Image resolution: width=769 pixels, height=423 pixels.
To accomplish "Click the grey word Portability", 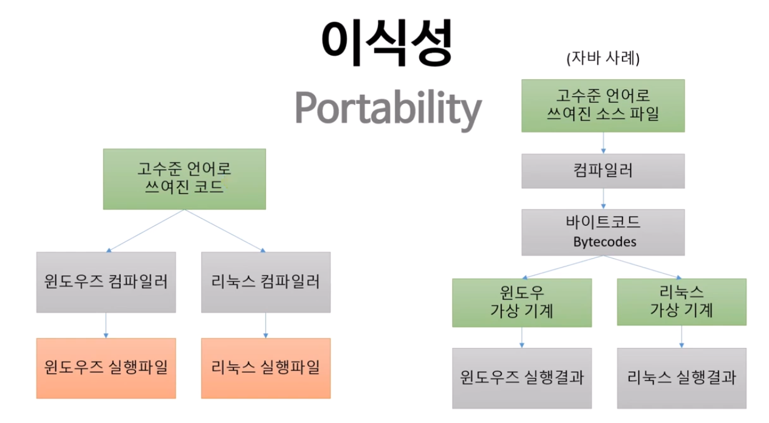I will click(x=387, y=109).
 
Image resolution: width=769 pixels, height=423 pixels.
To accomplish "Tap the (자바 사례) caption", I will click(x=603, y=59).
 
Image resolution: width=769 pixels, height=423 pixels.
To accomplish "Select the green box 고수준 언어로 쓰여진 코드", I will click(x=184, y=179).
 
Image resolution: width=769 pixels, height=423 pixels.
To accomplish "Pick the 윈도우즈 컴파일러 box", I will click(x=106, y=282).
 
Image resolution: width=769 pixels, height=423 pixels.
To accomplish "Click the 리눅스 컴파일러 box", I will click(x=266, y=282).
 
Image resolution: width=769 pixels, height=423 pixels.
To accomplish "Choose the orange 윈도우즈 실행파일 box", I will click(x=106, y=368).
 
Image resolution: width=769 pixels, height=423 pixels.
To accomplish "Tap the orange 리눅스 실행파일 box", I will click(x=266, y=368).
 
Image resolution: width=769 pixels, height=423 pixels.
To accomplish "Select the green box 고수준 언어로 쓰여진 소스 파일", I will click(x=603, y=106).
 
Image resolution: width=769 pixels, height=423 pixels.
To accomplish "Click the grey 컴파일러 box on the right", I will click(x=603, y=171).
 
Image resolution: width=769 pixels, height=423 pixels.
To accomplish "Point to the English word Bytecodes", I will click(x=603, y=241).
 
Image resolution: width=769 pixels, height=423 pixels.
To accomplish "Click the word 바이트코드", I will click(x=603, y=223).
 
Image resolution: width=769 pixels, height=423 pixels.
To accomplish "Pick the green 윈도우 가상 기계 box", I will click(x=522, y=302).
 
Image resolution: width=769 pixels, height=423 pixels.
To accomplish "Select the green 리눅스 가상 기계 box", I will click(x=681, y=302).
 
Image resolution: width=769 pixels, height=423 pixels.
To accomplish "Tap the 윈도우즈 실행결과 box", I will click(x=522, y=378).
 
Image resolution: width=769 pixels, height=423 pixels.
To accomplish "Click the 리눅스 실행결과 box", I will click(x=681, y=378).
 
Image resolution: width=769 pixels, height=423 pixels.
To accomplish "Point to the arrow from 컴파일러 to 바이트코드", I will click(x=603, y=198).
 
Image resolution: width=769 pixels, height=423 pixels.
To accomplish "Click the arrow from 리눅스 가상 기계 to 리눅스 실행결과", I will click(x=681, y=336).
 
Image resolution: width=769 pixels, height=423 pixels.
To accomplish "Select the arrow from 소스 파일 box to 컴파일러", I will click(x=603, y=143).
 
